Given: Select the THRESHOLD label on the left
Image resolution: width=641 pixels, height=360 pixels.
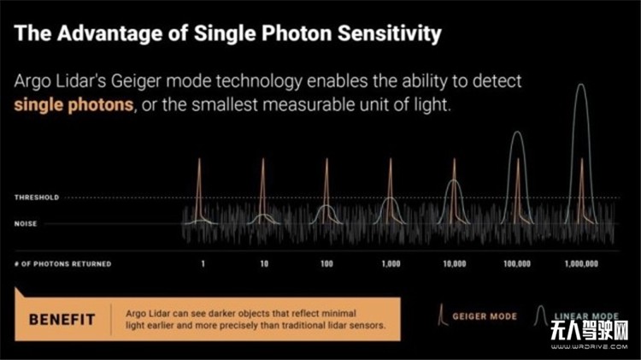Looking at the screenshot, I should (36, 198).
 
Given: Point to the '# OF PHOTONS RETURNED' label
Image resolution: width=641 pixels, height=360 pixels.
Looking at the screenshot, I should (63, 263).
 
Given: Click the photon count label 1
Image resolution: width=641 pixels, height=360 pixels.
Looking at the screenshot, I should (203, 263).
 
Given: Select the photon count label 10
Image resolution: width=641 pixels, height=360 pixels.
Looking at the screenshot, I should (264, 263).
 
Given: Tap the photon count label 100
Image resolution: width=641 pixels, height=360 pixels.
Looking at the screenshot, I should (326, 263).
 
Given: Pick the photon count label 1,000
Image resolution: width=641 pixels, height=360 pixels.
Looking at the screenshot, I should (390, 263).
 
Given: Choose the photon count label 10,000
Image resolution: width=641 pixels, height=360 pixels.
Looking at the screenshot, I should (454, 263).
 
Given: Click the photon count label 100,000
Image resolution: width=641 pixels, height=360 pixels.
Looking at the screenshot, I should (517, 263).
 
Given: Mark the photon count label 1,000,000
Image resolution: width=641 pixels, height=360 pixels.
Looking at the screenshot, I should (581, 263).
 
